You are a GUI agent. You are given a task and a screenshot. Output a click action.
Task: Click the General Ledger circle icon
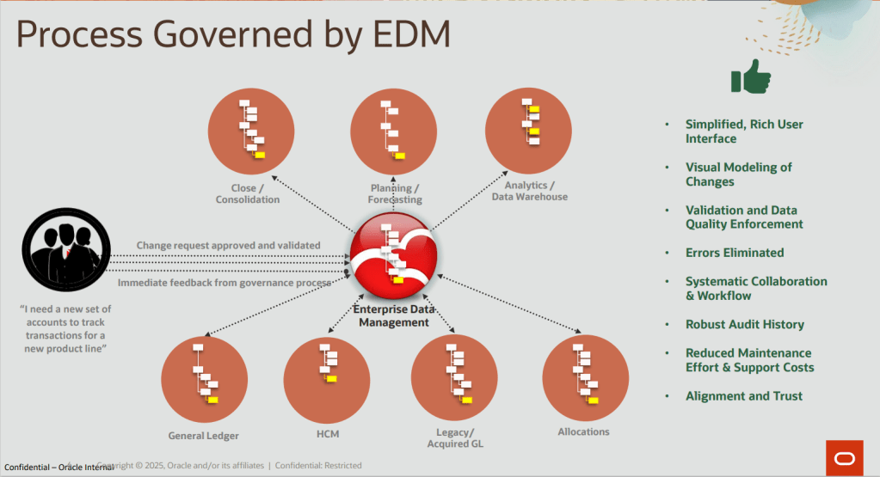(x=204, y=379)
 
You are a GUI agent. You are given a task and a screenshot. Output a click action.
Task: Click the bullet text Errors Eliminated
(x=734, y=253)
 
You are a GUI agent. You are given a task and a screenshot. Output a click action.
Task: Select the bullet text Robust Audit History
(x=744, y=324)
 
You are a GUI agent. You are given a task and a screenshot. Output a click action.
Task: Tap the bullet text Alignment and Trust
(x=743, y=395)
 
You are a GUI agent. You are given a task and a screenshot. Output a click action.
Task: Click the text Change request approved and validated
(x=228, y=245)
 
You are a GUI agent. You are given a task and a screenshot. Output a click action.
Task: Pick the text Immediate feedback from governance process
(x=224, y=283)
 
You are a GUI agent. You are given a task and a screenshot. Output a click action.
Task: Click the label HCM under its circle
(x=328, y=434)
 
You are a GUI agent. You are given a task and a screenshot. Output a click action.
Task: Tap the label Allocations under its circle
(x=583, y=431)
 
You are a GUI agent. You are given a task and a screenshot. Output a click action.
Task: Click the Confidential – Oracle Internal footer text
(x=59, y=467)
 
